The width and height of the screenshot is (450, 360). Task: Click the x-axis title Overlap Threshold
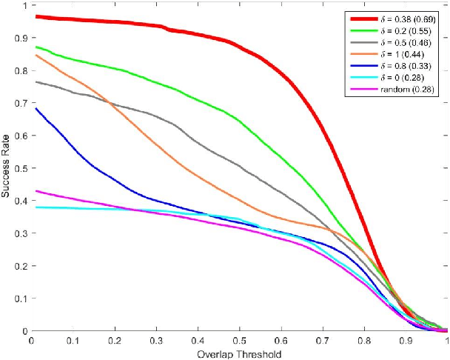(x=239, y=354)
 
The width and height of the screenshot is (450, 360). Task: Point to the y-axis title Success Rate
(x=7, y=168)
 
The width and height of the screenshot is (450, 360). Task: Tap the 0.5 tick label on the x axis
(x=239, y=342)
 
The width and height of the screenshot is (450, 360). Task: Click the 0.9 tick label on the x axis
(x=406, y=342)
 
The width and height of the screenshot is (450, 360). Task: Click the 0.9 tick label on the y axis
(x=19, y=37)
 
